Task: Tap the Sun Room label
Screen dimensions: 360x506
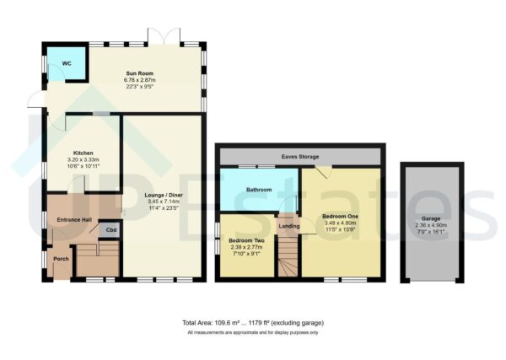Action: pos(126,74)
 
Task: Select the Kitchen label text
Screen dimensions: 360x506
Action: pos(83,153)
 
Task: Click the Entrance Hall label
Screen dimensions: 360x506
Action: pos(75,219)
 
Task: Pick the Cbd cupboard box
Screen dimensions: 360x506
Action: pos(111,229)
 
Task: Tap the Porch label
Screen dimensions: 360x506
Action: pos(61,259)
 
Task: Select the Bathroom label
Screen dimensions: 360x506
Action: pos(259,190)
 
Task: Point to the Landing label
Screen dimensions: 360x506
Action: pos(288,225)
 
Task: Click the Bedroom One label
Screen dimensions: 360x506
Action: pos(340,216)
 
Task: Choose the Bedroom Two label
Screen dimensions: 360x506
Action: pos(246,240)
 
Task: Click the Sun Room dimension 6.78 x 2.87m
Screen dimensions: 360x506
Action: pos(126,81)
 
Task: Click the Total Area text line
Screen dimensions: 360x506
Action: pos(252,323)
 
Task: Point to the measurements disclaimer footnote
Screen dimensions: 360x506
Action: pos(252,333)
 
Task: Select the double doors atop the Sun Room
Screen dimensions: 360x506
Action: pos(159,37)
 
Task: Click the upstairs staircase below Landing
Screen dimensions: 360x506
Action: pos(288,257)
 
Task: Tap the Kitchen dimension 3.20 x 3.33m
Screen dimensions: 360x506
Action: pos(83,159)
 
